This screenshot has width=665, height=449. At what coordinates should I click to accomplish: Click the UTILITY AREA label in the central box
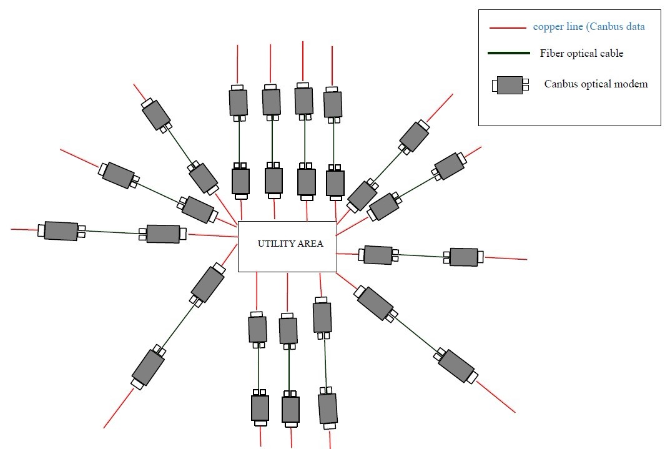pyautogui.click(x=290, y=244)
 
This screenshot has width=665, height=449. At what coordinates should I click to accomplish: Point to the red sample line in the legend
pyautogui.click(x=508, y=28)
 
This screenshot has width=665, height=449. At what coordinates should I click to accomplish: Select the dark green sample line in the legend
pyautogui.click(x=508, y=53)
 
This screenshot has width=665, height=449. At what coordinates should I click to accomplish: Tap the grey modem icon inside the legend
pyautogui.click(x=510, y=86)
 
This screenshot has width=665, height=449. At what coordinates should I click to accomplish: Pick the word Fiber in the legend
pyautogui.click(x=551, y=54)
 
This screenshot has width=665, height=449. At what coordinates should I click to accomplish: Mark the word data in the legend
pyautogui.click(x=634, y=27)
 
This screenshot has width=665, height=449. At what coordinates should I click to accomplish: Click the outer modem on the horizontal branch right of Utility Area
pyautogui.click(x=463, y=257)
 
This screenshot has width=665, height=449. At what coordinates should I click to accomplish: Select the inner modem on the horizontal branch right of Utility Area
pyautogui.click(x=378, y=254)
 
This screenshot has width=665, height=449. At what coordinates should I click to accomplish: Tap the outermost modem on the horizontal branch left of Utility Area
pyautogui.click(x=61, y=231)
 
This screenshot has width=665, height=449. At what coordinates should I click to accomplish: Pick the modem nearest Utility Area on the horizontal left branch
pyautogui.click(x=163, y=234)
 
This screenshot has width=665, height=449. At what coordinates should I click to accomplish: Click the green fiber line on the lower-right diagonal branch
pyautogui.click(x=415, y=335)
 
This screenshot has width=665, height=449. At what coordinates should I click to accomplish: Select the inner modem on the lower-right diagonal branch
pyautogui.click(x=375, y=303)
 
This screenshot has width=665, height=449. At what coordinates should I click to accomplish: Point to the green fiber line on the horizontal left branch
pyautogui.click(x=112, y=232)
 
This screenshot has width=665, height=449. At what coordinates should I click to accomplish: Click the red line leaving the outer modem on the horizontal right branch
pyautogui.click(x=505, y=258)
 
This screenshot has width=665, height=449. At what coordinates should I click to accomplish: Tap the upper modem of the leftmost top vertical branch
pyautogui.click(x=239, y=102)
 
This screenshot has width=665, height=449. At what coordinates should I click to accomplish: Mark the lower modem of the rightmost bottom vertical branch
pyautogui.click(x=327, y=408)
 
